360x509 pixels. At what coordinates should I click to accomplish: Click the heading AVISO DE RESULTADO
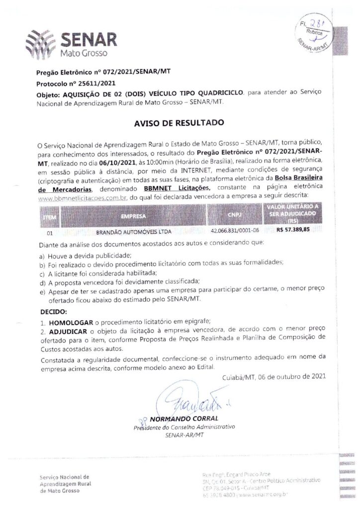(x=180, y=122)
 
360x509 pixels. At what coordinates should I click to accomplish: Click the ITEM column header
(x=50, y=217)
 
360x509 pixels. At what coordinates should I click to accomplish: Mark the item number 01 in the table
(x=49, y=232)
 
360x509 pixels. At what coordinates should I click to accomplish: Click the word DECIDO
(x=52, y=312)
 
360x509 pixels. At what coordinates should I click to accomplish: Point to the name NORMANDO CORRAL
(x=183, y=419)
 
